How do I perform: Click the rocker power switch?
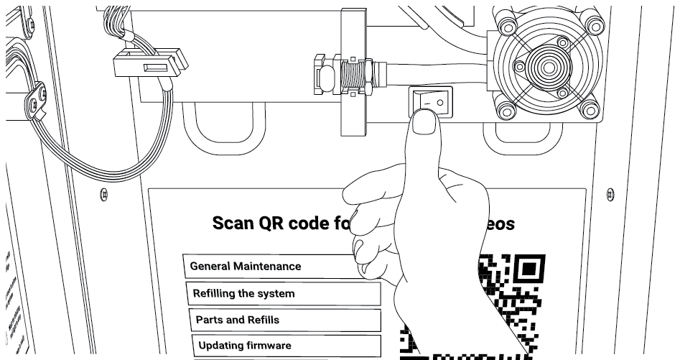[432, 102]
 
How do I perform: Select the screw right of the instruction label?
[610, 193]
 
